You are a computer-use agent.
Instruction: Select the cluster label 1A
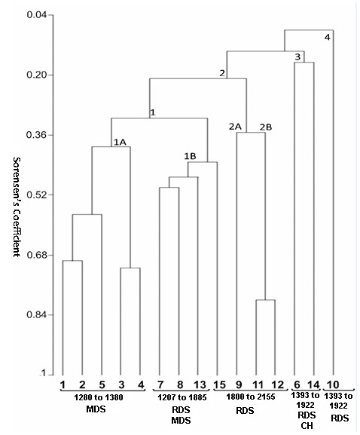(119, 141)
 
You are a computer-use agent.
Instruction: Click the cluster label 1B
(191, 156)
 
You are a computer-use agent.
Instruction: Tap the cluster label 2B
(265, 127)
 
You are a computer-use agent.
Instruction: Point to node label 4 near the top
(327, 37)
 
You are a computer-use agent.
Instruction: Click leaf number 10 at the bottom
(333, 384)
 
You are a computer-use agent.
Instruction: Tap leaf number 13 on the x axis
(198, 384)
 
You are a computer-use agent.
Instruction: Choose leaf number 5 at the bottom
(101, 384)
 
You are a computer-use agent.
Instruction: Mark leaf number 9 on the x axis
(238, 384)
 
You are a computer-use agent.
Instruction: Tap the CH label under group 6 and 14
(306, 426)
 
